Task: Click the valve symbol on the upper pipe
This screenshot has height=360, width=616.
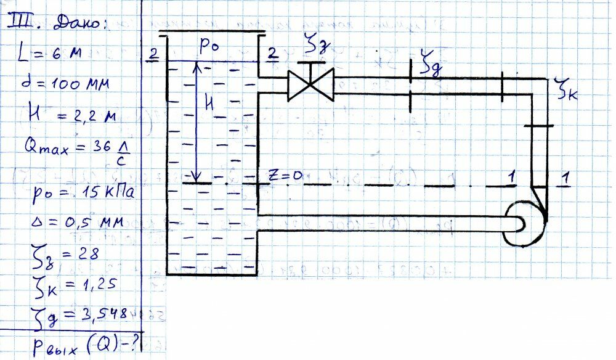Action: (x=310, y=84)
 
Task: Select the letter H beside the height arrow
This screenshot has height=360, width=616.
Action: (x=210, y=105)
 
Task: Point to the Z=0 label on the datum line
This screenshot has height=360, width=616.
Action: (x=285, y=176)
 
